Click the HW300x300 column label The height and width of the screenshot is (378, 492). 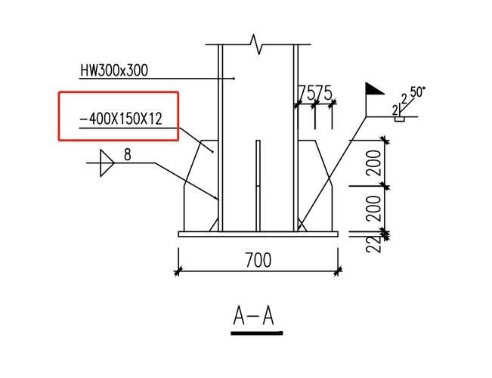[114, 70]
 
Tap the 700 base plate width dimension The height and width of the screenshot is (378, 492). [258, 261]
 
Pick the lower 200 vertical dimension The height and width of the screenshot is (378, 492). [373, 209]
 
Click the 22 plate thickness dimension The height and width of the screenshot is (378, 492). [373, 243]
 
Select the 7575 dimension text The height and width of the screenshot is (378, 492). [315, 93]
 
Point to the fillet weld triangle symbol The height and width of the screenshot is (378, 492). [105, 161]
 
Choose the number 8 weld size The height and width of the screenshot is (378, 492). [127, 154]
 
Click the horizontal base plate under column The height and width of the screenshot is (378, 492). [258, 234]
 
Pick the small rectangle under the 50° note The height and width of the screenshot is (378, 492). [401, 119]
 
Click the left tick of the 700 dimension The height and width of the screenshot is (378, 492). [178, 271]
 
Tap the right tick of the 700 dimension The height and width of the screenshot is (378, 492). [337, 271]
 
